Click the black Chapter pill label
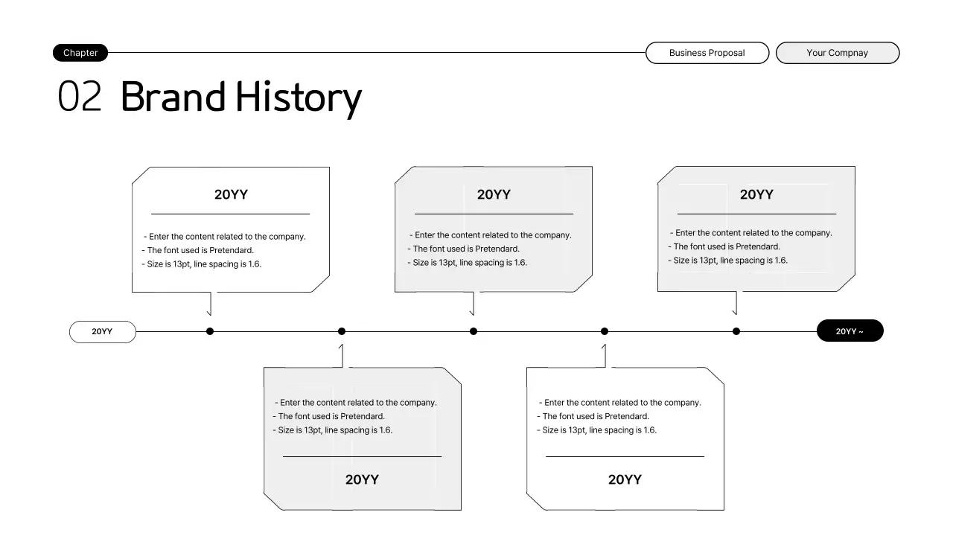pyautogui.click(x=80, y=53)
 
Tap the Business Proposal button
pyautogui.click(x=707, y=53)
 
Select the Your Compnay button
pyautogui.click(x=837, y=53)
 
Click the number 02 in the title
pyautogui.click(x=80, y=98)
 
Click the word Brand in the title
pyautogui.click(x=173, y=98)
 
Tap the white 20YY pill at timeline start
pyautogui.click(x=103, y=332)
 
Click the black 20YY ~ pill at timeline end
pyautogui.click(x=850, y=331)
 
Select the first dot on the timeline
pyautogui.click(x=210, y=331)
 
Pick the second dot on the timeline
pyautogui.click(x=342, y=331)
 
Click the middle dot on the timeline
pyautogui.click(x=474, y=331)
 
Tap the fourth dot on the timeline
pyautogui.click(x=605, y=331)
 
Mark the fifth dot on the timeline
pyautogui.click(x=736, y=331)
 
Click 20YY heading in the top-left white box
pyautogui.click(x=231, y=195)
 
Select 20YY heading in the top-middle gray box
pyautogui.click(x=494, y=195)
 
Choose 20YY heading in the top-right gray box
pyautogui.click(x=756, y=195)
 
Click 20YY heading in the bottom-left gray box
pyautogui.click(x=362, y=480)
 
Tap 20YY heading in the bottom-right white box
pyautogui.click(x=625, y=480)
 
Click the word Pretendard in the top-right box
pyautogui.click(x=757, y=247)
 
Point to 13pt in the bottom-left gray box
pyautogui.click(x=312, y=430)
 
